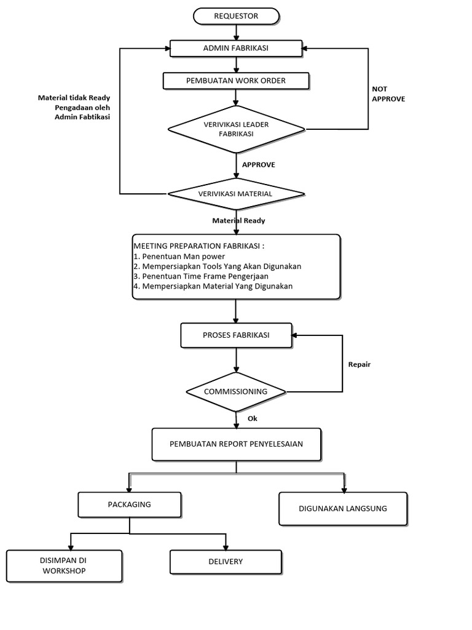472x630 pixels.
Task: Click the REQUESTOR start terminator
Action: pos(236,16)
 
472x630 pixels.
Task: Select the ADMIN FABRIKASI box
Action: pos(236,48)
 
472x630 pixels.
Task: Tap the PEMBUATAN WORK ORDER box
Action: pos(236,81)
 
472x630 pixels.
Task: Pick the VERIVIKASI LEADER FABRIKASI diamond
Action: pos(237,129)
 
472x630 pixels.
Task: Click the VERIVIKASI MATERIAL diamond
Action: pos(236,194)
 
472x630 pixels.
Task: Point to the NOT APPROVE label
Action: pos(388,94)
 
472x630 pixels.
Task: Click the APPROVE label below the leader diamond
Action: pos(259,165)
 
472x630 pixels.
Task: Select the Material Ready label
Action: pos(238,221)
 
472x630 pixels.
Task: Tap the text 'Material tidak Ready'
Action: pos(74,98)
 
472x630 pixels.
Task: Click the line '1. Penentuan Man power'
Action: pos(179,257)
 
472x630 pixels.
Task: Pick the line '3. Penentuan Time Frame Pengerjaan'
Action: pos(201,276)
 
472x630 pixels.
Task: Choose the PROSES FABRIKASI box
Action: pos(236,335)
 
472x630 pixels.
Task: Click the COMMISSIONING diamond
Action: pos(236,392)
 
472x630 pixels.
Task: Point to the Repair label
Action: pos(359,365)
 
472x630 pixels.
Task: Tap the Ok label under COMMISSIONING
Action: pos(253,418)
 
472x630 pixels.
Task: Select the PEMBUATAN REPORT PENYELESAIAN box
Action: pos(237,444)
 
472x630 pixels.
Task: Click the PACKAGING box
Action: pos(130,505)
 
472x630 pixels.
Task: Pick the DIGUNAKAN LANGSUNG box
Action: pos(343,509)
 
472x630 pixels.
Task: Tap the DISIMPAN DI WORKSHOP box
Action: pos(64,566)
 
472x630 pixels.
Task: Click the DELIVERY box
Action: pos(226,562)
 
